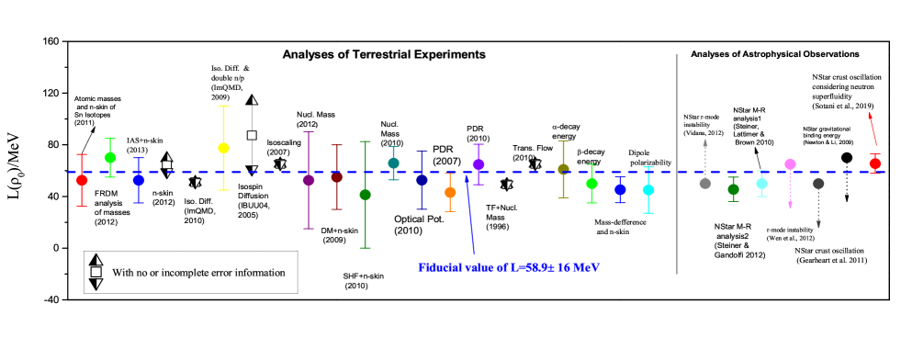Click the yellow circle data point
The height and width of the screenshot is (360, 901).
[223, 148]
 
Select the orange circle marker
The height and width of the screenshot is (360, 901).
[450, 193]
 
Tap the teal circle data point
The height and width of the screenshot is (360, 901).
[393, 163]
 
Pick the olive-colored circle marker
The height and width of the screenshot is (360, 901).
[563, 169]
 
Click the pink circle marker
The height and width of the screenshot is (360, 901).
[790, 164]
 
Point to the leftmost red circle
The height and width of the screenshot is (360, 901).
[82, 180]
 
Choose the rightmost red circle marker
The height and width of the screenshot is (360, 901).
[874, 163]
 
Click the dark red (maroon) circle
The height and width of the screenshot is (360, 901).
[336, 176]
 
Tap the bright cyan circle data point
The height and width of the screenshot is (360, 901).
[648, 190]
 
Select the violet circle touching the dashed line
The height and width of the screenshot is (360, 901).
[479, 164]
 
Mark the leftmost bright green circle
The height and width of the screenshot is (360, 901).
[110, 158]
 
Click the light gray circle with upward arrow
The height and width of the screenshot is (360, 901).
[704, 184]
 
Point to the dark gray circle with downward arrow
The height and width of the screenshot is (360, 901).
[818, 184]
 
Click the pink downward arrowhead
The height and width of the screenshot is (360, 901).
[790, 205]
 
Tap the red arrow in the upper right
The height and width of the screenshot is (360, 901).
[873, 129]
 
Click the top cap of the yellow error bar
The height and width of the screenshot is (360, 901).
[223, 107]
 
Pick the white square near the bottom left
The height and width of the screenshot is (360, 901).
[96, 272]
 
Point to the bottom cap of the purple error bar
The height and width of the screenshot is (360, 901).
[309, 229]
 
